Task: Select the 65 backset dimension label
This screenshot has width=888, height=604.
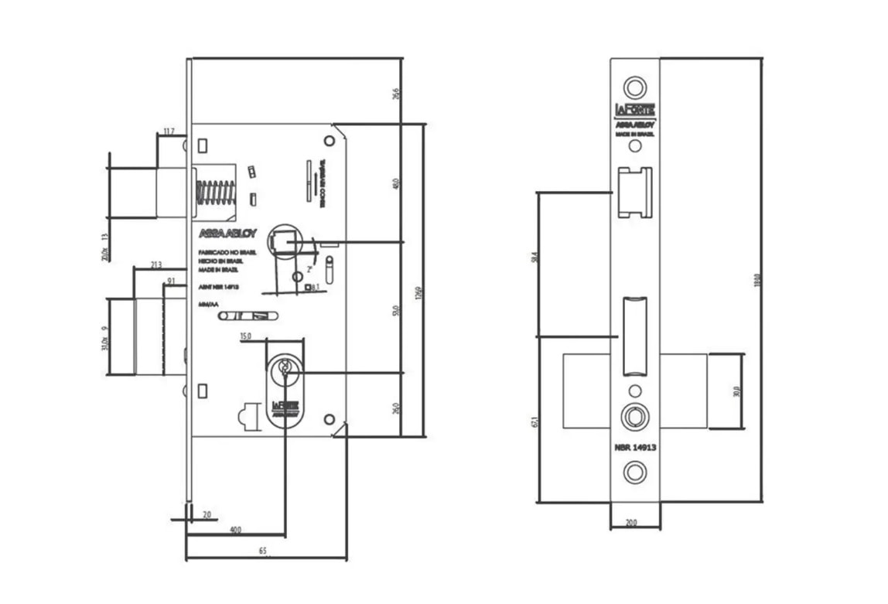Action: click(262, 551)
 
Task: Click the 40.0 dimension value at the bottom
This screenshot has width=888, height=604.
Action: click(235, 531)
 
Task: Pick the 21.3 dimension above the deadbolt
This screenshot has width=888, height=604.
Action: click(155, 265)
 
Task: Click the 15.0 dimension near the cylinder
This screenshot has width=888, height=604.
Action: click(246, 336)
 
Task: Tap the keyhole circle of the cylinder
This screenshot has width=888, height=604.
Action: click(285, 370)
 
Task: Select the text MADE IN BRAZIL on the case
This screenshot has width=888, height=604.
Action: click(217, 270)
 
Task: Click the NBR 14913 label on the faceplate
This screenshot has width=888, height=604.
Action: click(635, 448)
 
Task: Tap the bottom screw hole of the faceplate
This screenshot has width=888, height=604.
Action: click(635, 471)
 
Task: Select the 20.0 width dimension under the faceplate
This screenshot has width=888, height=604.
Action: click(631, 524)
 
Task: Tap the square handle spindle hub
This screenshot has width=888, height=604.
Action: click(284, 242)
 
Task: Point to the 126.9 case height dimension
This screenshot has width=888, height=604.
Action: click(418, 295)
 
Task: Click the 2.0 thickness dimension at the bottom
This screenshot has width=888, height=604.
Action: click(207, 514)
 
